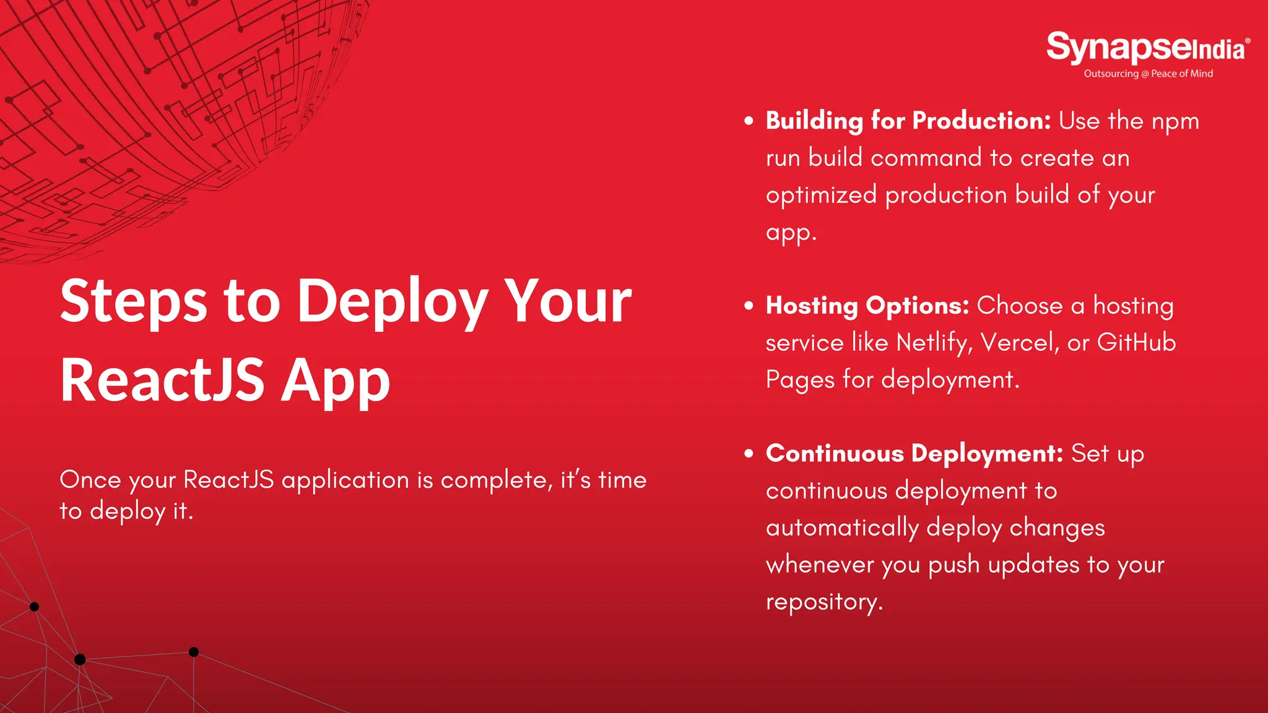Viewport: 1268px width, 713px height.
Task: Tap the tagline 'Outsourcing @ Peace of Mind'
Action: (1148, 74)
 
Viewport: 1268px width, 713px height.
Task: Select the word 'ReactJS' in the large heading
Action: (162, 380)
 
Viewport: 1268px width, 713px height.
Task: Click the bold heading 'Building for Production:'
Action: (908, 121)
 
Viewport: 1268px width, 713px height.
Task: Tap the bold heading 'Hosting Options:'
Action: (867, 306)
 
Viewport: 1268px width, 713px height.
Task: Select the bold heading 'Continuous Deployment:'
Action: (914, 454)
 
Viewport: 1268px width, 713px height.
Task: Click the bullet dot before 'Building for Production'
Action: (749, 121)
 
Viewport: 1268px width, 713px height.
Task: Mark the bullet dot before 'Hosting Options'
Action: (749, 306)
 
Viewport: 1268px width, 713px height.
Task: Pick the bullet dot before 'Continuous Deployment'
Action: (749, 454)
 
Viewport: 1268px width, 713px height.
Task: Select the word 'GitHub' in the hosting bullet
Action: (1136, 343)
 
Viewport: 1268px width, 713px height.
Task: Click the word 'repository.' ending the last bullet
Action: (824, 602)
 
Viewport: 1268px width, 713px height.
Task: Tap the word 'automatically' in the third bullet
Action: (842, 528)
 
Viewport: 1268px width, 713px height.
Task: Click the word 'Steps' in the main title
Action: (134, 301)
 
